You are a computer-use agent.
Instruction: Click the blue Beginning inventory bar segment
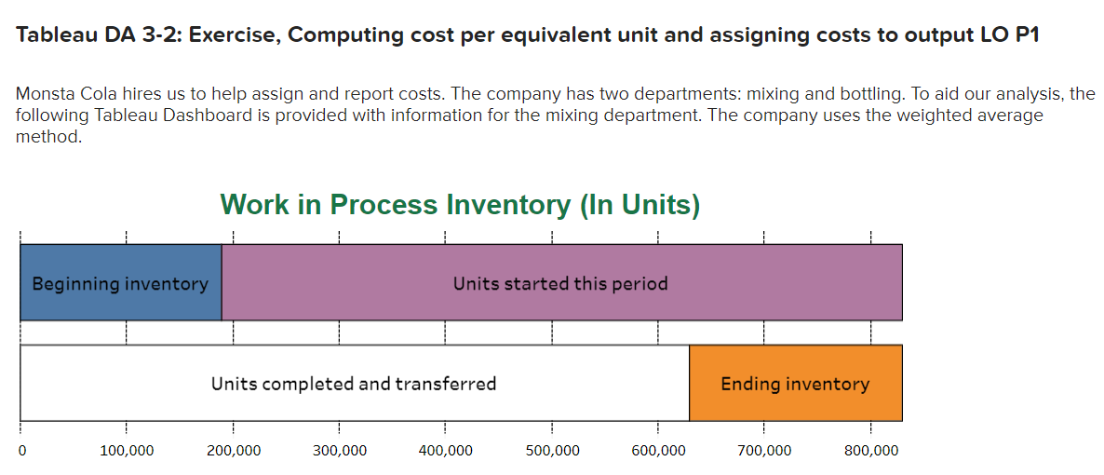(x=120, y=283)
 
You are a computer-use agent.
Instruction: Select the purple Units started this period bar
(x=560, y=283)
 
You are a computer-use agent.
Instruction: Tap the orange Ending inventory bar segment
(x=795, y=384)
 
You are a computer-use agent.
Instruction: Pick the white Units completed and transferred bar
(x=354, y=384)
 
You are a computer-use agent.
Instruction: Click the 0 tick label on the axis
(x=21, y=451)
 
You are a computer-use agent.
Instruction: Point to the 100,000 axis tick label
(x=128, y=451)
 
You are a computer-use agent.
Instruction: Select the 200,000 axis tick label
(x=234, y=451)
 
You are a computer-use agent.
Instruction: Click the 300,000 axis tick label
(x=340, y=451)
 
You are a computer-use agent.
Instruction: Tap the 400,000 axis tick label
(x=446, y=451)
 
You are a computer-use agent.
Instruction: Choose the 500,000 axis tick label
(x=552, y=451)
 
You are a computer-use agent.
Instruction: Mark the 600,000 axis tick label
(x=658, y=451)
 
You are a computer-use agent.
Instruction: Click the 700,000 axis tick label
(x=764, y=451)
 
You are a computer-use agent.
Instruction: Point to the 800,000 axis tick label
(x=871, y=451)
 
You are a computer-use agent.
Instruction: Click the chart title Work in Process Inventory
(x=460, y=204)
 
